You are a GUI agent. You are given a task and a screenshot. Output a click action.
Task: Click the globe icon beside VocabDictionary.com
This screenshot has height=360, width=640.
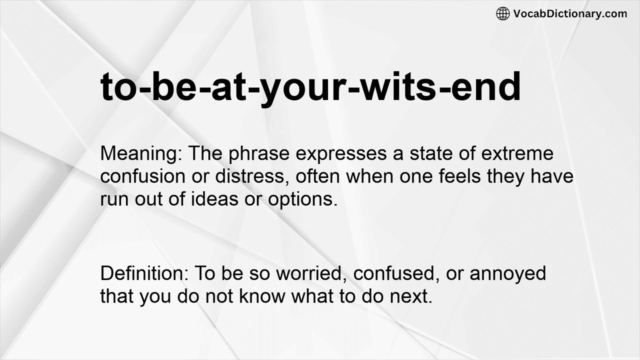coord(502,13)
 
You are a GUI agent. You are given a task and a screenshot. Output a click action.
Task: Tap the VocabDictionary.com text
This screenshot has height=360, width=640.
coord(570,13)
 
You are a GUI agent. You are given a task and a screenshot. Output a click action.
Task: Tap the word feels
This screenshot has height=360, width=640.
coord(441,176)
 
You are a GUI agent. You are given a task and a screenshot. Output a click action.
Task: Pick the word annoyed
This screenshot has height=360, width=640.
coord(507,274)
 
